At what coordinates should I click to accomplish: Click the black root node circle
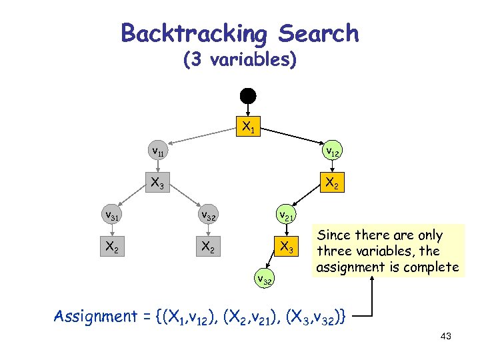click(x=248, y=95)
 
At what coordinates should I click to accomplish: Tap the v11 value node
click(x=158, y=151)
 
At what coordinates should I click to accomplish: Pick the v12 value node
click(x=331, y=153)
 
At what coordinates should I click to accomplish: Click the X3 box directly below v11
click(x=158, y=183)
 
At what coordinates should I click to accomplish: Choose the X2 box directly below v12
click(x=331, y=183)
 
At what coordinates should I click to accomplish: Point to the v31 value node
click(x=111, y=215)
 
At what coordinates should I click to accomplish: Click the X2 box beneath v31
click(x=111, y=246)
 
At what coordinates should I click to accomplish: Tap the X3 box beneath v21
click(x=287, y=246)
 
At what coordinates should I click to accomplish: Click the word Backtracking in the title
click(x=193, y=33)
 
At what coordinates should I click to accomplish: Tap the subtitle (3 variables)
click(x=239, y=60)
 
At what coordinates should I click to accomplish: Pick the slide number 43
click(x=446, y=337)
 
